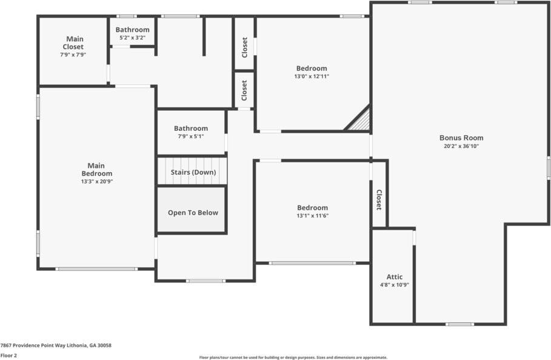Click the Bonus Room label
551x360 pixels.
coord(461,138)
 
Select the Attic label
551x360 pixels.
coord(394,277)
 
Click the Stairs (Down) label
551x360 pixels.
coord(192,172)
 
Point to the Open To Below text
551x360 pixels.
coord(193,213)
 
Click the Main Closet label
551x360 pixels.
coord(73,43)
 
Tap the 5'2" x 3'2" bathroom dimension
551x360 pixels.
coord(132,38)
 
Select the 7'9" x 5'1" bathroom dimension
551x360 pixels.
coord(190,136)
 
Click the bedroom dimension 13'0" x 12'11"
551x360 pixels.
coord(312,76)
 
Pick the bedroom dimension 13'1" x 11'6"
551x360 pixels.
coord(312,216)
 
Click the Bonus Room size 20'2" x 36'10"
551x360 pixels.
coord(461,146)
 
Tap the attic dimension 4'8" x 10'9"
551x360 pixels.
coord(394,285)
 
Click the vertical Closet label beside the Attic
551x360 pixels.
coord(379,199)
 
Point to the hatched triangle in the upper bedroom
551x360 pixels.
coord(361,121)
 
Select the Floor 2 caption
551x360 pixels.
coord(8,355)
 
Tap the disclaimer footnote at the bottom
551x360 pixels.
coord(293,357)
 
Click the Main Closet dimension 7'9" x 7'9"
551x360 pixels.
coord(73,55)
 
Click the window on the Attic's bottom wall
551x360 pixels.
coord(459,324)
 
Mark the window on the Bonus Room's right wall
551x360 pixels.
coord(548,167)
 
